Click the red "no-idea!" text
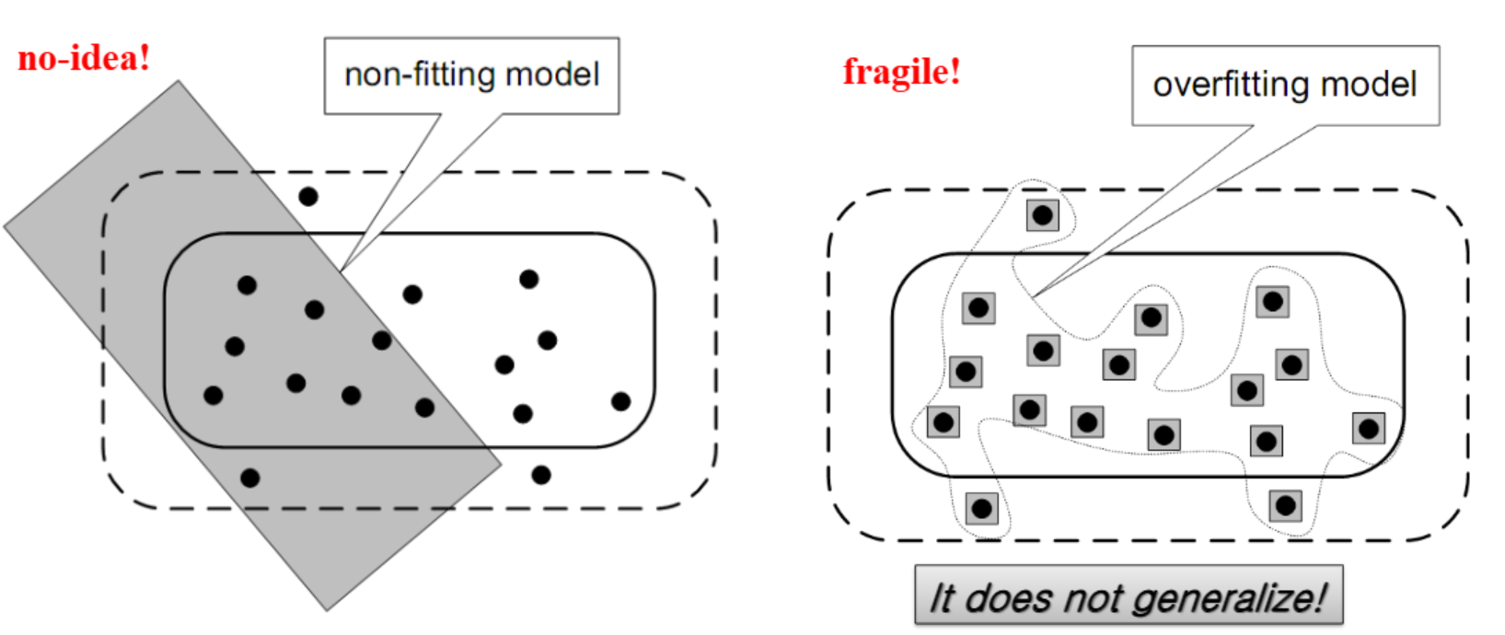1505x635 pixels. tap(84, 59)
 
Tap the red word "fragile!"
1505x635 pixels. tap(901, 72)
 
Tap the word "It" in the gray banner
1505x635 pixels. tap(942, 598)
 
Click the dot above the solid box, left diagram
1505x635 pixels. tap(308, 196)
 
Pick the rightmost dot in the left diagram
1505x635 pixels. tap(620, 401)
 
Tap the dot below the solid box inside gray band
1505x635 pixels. tap(249, 478)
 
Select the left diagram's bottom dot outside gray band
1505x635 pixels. tap(541, 475)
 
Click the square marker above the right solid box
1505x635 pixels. tap(1042, 215)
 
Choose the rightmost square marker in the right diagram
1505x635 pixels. tap(1369, 428)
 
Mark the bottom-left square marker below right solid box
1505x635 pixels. tap(981, 507)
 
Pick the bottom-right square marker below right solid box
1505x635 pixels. tap(1285, 505)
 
